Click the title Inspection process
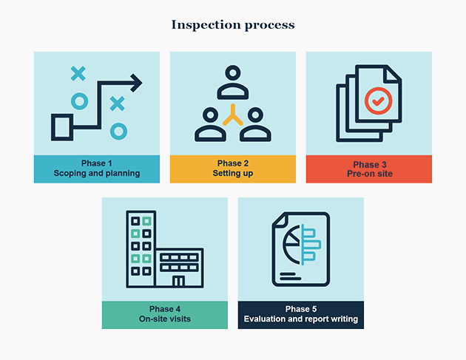233,25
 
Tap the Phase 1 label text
96,163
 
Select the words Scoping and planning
96,174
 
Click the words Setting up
233,174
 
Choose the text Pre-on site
369,174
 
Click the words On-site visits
164,319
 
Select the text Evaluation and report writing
300,319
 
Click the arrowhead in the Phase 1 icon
136,82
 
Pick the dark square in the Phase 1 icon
62,127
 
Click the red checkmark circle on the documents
377,99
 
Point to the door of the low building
178,282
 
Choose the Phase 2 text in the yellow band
233,163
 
